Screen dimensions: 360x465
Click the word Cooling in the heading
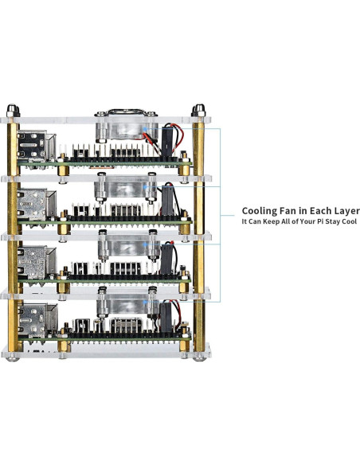click(x=259, y=211)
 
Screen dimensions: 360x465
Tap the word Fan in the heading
click(x=288, y=210)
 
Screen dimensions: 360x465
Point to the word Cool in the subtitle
click(x=350, y=221)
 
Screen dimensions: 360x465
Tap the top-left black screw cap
click(x=13, y=111)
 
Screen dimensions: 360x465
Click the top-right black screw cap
click(x=198, y=111)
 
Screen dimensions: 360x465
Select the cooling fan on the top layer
click(x=127, y=126)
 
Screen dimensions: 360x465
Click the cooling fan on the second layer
click(x=125, y=187)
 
